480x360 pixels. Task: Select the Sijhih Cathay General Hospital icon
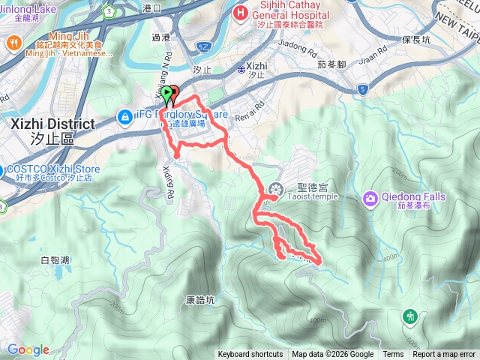(241, 13)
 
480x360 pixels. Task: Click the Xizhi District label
(52, 124)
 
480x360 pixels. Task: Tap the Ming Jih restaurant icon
(13, 43)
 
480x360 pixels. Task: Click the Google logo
(28, 349)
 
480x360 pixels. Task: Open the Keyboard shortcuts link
(250, 355)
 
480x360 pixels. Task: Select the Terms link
(393, 355)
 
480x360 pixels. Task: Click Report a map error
(444, 355)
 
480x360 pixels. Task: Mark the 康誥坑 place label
(200, 300)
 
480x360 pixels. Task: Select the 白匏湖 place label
(55, 260)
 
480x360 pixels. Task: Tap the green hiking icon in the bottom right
(410, 316)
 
